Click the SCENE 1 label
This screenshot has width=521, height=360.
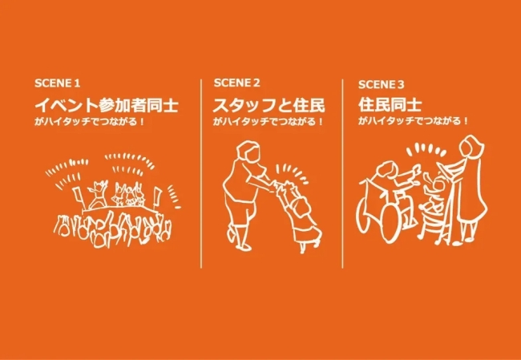point(58,83)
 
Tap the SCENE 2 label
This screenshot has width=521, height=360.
point(237,83)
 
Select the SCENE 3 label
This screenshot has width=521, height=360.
point(382,83)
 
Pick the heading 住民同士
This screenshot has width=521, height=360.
point(390,104)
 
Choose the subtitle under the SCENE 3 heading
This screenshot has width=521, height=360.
point(413,122)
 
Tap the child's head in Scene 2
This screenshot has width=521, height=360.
point(301,207)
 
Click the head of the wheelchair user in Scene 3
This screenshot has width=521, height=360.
point(386,171)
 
